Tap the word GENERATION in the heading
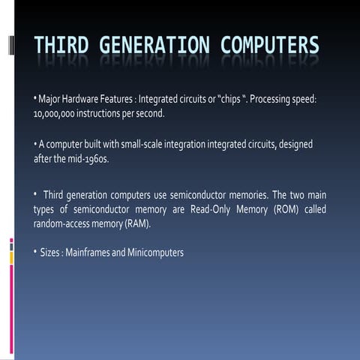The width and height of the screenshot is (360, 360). [x=154, y=46]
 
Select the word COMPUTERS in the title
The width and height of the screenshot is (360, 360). [x=269, y=46]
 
